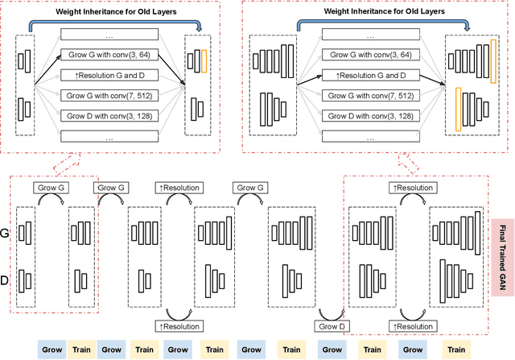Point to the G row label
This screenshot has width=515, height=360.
click(x=6, y=233)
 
